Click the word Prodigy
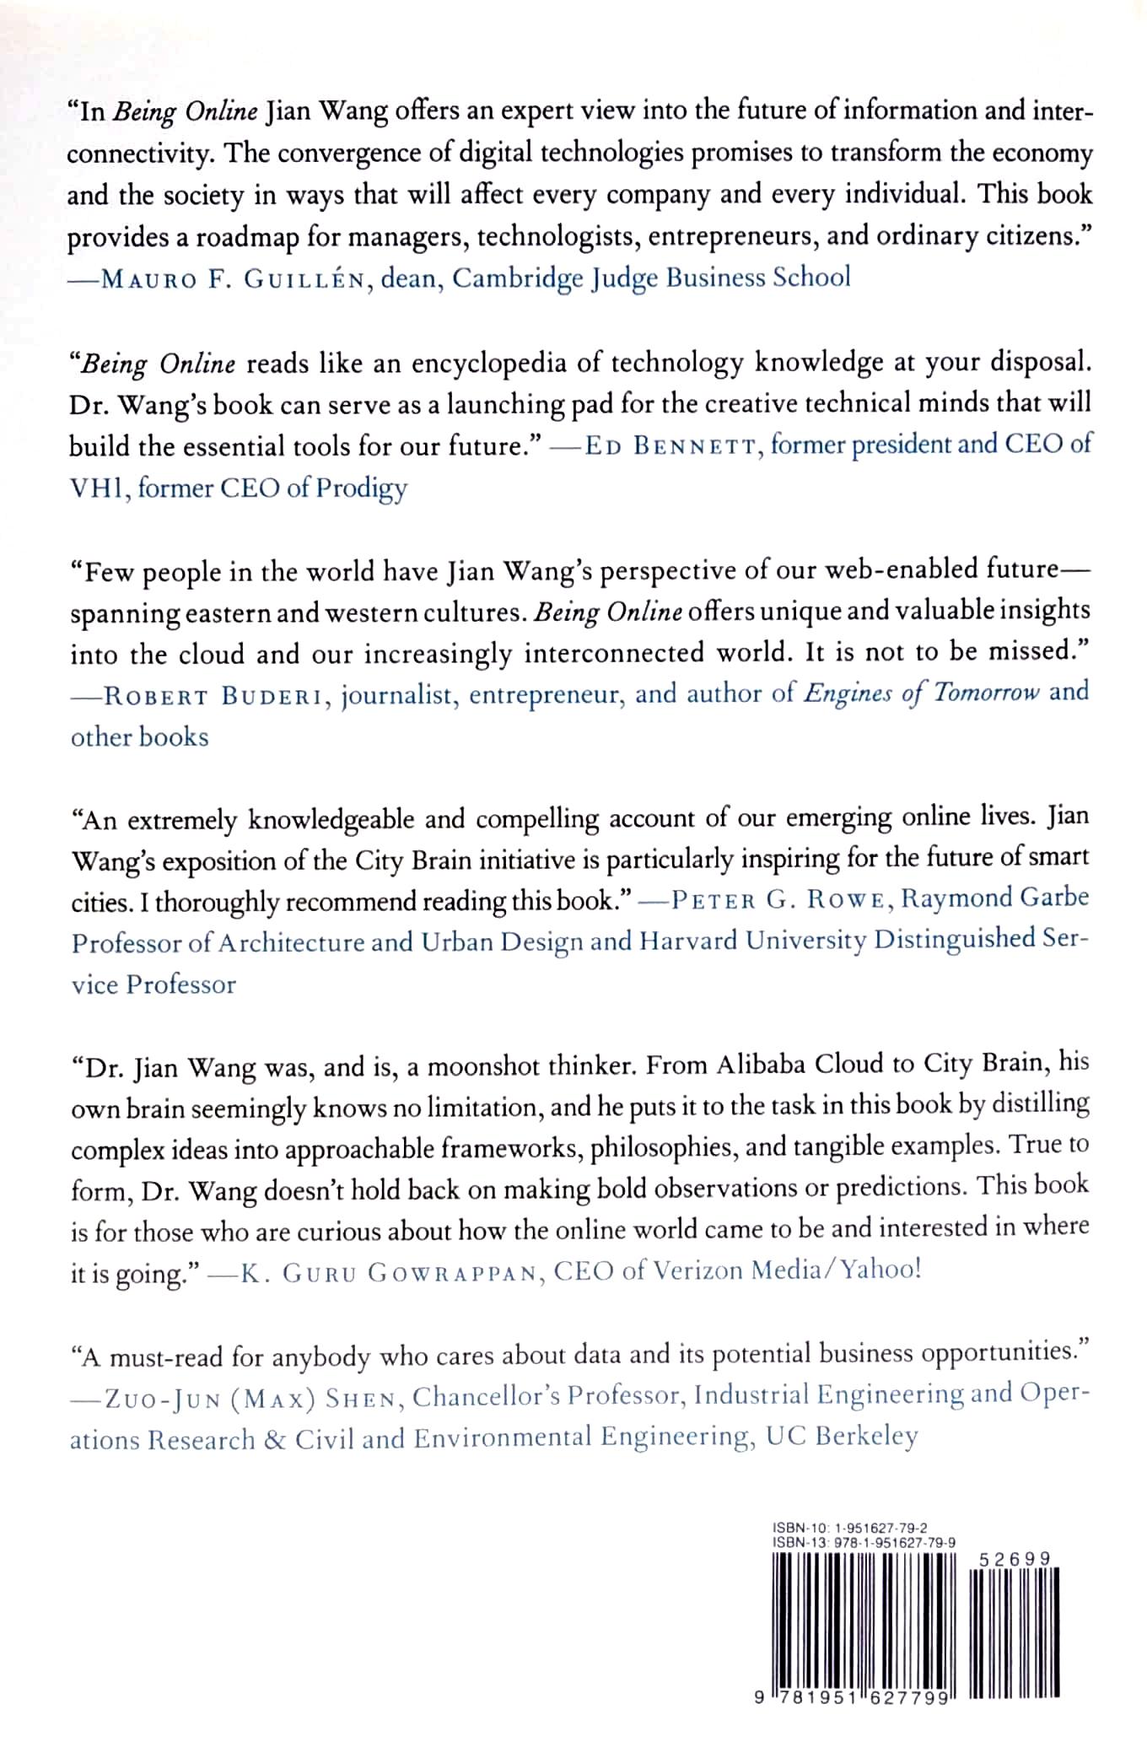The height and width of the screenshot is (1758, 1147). (x=361, y=488)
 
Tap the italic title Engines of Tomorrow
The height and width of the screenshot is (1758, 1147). (x=922, y=693)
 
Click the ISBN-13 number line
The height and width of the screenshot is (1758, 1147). (x=864, y=1542)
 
